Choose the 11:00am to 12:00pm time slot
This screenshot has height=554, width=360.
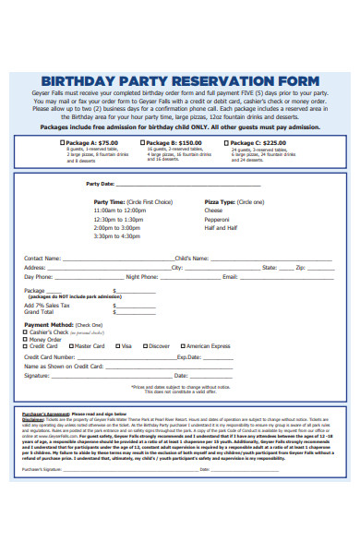click(119, 210)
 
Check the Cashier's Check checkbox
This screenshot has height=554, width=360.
click(26, 331)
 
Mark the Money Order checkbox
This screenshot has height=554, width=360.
click(26, 339)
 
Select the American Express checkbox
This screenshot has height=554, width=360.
click(180, 346)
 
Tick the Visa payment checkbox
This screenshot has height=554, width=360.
click(117, 346)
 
